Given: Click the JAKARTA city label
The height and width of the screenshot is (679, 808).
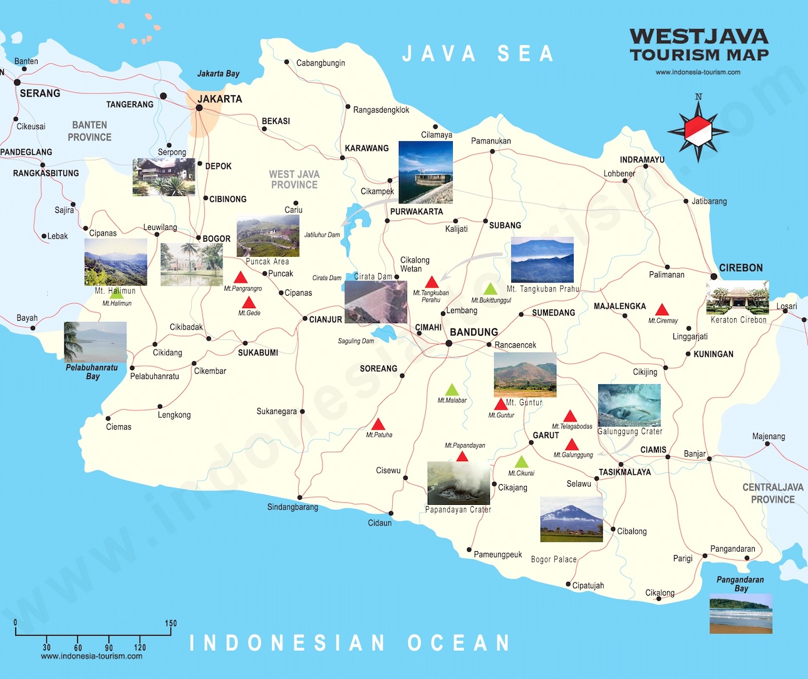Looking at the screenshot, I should (219, 99).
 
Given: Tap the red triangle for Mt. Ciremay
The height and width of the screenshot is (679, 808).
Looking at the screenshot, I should (662, 310).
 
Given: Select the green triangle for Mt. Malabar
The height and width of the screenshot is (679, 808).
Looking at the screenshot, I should (452, 390).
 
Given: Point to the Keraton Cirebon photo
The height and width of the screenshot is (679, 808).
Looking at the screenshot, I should (737, 298).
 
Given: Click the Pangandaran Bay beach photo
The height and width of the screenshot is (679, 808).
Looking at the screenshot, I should (740, 614).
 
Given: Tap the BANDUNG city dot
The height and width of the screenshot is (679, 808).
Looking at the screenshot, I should (448, 343).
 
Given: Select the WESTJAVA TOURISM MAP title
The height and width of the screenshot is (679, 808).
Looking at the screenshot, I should (698, 45).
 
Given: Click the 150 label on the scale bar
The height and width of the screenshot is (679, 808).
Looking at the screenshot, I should (170, 623).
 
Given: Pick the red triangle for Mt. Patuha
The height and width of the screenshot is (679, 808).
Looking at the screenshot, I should (378, 425).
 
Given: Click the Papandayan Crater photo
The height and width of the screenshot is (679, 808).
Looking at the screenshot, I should (458, 483).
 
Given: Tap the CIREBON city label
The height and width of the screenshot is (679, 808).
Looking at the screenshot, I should (740, 267).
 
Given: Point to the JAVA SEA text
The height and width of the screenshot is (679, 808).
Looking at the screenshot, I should (478, 54).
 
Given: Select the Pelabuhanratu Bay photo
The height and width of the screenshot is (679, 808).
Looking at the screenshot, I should (95, 342).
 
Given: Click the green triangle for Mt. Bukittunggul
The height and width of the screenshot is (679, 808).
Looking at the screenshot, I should (490, 289).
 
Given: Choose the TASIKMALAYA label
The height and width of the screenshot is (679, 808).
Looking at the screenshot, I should (624, 472).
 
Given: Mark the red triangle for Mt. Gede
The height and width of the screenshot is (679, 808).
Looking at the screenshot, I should (249, 303).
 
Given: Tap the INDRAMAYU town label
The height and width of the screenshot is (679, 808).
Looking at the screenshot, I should (642, 160).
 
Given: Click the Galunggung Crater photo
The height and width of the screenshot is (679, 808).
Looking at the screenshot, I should (629, 405).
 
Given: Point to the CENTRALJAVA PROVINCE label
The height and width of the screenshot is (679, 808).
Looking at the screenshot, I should (772, 493).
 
